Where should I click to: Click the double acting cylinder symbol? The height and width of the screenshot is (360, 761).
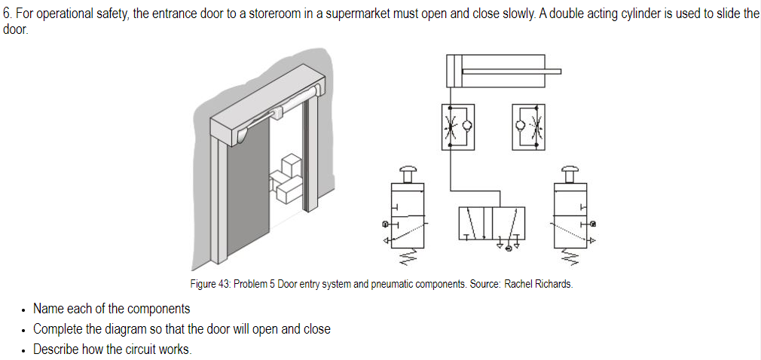click(x=495, y=72)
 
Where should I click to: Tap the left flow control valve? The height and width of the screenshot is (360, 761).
click(x=457, y=124)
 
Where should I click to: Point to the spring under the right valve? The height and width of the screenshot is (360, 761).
click(x=570, y=258)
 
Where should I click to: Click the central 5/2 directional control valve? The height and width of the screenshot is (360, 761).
click(x=491, y=224)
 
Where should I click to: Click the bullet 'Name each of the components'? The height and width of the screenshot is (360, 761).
click(x=112, y=309)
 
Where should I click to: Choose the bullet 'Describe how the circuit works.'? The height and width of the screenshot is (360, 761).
click(x=112, y=349)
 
